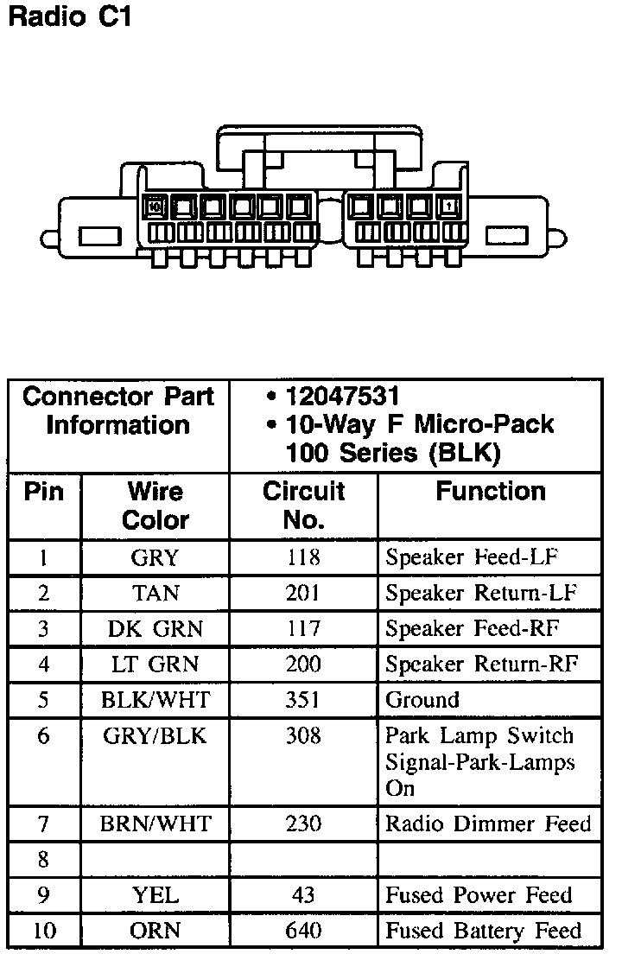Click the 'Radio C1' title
tap(69, 16)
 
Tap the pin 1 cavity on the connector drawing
tap(449, 207)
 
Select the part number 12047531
tap(342, 397)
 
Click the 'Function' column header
tap(490, 492)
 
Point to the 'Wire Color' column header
tap(155, 506)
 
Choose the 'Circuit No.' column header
tap(303, 506)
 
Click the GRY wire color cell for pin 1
tap(155, 557)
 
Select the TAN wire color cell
tap(155, 594)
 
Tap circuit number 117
tap(303, 629)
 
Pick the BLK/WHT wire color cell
tap(155, 700)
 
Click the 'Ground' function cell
tap(422, 700)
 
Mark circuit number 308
tap(303, 736)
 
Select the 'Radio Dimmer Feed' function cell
tap(488, 824)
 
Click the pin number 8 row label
tap(44, 860)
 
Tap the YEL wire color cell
tap(155, 895)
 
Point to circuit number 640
tap(303, 931)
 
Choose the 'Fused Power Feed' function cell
tap(479, 895)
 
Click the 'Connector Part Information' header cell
tap(118, 411)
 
